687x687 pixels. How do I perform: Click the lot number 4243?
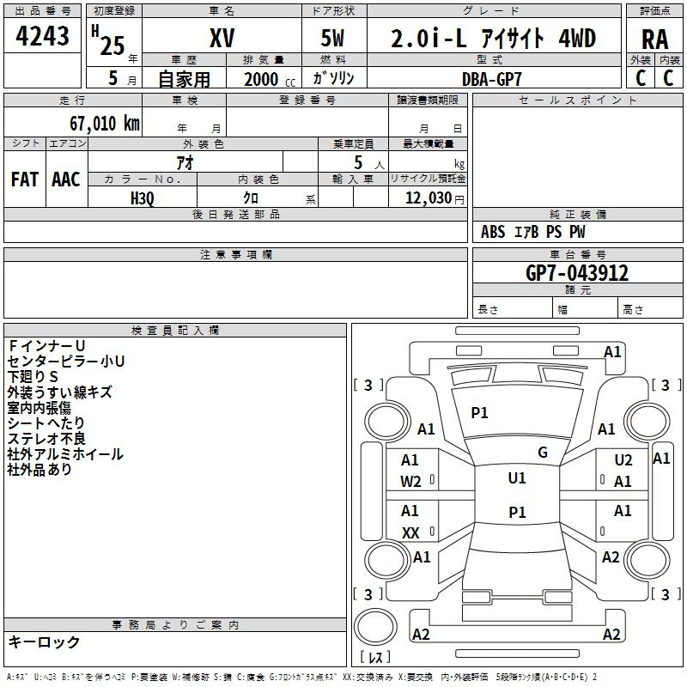(42, 36)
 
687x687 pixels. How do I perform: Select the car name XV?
(222, 38)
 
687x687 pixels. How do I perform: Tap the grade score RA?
(655, 40)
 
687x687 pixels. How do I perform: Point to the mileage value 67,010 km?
(105, 124)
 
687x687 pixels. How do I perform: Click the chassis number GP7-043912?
(577, 273)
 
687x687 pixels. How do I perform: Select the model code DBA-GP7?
(492, 79)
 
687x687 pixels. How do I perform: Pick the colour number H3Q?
(143, 198)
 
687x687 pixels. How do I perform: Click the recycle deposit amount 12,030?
(429, 198)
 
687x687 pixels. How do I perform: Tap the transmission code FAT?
(25, 179)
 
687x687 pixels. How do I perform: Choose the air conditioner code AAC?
(66, 179)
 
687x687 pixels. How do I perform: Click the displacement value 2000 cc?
(270, 80)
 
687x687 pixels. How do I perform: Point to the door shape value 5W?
(332, 38)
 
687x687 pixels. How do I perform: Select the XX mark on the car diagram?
(410, 533)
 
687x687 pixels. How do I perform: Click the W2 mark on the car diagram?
(410, 482)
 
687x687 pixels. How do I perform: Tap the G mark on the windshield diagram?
(543, 453)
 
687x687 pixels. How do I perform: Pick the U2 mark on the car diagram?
(623, 460)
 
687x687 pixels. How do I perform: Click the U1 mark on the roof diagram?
(517, 478)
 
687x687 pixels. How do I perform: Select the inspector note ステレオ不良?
(46, 439)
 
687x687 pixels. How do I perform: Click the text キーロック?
(44, 641)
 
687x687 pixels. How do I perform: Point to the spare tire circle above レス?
(375, 626)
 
